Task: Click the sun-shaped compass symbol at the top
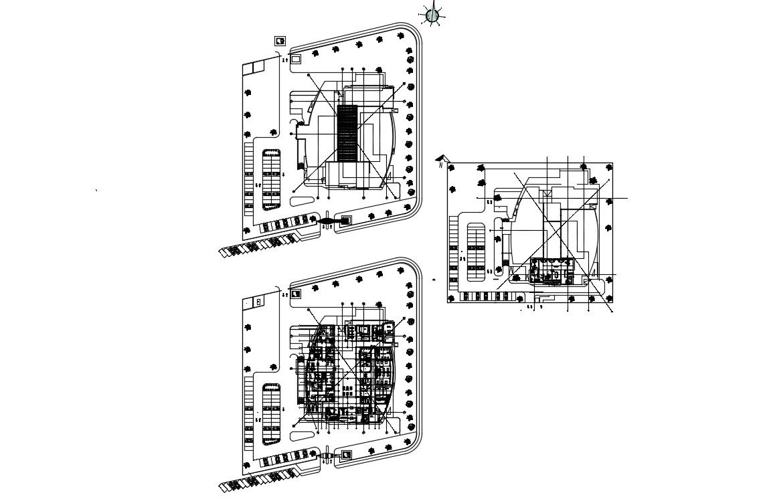(x=432, y=15)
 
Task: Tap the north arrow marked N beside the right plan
(x=440, y=161)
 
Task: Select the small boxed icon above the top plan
(x=280, y=41)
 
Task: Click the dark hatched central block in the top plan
(x=347, y=134)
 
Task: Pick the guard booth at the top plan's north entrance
(x=296, y=60)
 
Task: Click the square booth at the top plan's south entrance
(x=346, y=219)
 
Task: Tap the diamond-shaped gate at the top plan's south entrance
(x=327, y=220)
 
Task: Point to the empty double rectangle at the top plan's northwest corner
(x=254, y=68)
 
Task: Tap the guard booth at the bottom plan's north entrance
(x=296, y=293)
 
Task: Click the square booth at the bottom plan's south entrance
(x=346, y=455)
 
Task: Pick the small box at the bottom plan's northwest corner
(x=258, y=302)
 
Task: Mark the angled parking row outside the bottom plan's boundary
(x=258, y=479)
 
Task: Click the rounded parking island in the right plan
(x=475, y=250)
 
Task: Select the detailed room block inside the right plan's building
(x=553, y=272)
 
